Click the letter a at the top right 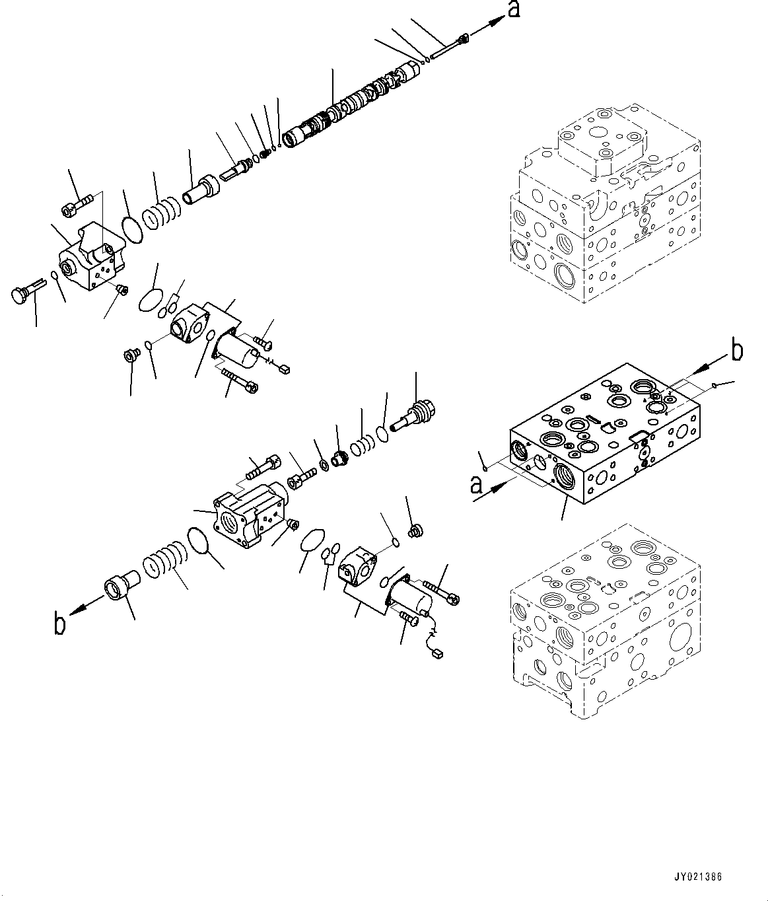(x=513, y=11)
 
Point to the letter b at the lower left (x=59, y=623)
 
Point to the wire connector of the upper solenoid (x=286, y=368)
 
